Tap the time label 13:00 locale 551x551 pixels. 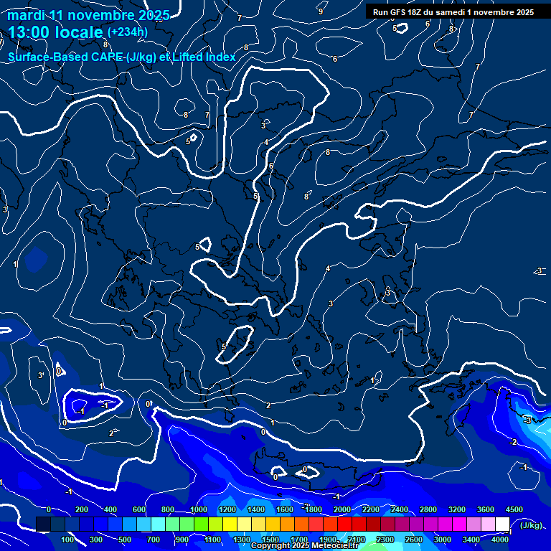(56, 32)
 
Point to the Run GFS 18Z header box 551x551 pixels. (453, 12)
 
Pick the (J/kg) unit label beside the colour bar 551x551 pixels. (532, 526)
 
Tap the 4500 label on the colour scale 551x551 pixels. (514, 509)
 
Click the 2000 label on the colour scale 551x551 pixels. (342, 509)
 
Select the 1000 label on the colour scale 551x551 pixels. (198, 509)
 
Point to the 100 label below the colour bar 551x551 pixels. (68, 540)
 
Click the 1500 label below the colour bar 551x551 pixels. (270, 540)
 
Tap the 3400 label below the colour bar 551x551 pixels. (471, 540)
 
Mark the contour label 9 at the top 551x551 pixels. (321, 11)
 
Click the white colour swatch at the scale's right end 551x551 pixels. (502, 524)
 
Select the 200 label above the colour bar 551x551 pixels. (82, 509)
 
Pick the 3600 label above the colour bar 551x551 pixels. (485, 509)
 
